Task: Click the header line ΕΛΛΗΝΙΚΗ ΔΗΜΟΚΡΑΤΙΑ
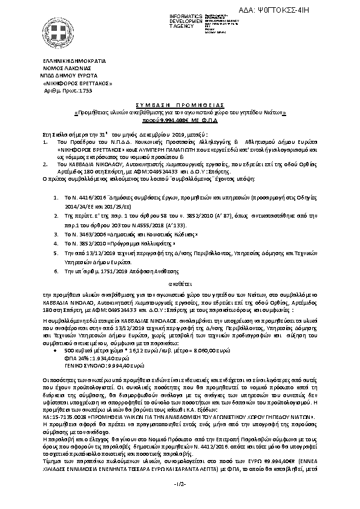(74, 62)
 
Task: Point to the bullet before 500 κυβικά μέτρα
(56, 333)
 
